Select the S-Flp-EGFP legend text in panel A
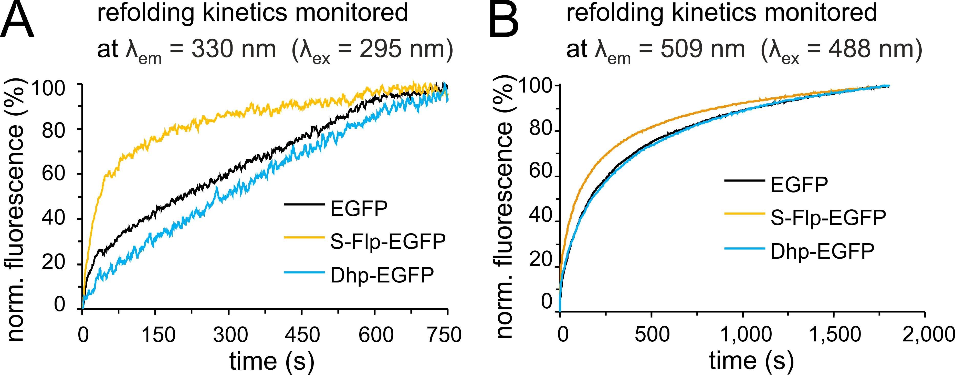point(388,241)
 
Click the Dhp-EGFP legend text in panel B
point(822,251)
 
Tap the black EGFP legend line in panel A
point(304,204)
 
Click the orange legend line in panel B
point(744,214)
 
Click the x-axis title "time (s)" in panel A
point(272,361)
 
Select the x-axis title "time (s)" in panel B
point(751,361)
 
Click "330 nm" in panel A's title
point(234,49)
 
